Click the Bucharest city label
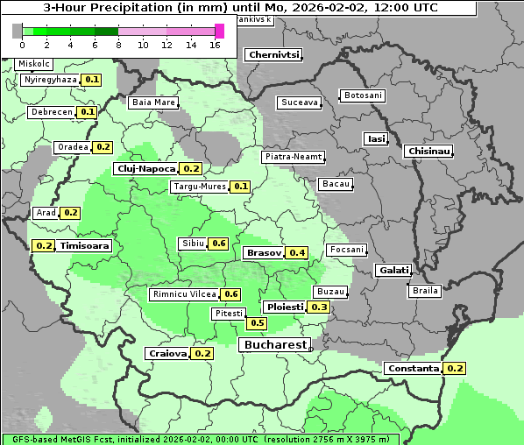coord(274,345)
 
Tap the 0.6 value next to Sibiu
coord(218,244)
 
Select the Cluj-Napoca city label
coord(145,168)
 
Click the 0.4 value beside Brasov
coord(298,253)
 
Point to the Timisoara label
coord(85,246)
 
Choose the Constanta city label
coord(413,369)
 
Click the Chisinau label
coord(429,152)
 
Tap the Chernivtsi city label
coord(274,54)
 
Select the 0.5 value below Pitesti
coord(257,323)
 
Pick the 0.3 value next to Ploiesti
coord(319,307)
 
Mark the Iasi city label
coord(376,138)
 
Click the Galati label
coord(393,271)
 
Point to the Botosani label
coord(362,95)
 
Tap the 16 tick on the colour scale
coord(215,45)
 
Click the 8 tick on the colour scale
coord(117,45)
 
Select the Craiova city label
coord(167,354)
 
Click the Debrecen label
coord(51,112)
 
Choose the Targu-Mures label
coord(198,187)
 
